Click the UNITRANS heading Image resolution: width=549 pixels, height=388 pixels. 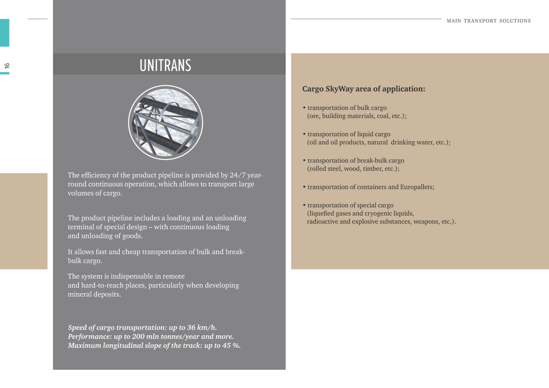tap(165, 65)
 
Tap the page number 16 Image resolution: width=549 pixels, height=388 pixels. tap(7, 66)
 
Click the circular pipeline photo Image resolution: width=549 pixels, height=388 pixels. tap(166, 123)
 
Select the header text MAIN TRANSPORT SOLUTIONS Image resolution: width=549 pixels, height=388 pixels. tap(489, 21)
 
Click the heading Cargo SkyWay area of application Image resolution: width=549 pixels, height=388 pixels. tap(364, 89)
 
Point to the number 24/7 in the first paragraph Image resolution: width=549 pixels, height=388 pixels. tap(237, 175)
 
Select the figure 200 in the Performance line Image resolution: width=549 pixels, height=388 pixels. tap(138, 337)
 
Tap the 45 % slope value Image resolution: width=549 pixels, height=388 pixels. tap(231, 346)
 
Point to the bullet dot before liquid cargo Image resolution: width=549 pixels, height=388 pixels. tap(304, 134)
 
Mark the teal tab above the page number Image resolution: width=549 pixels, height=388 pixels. tap(5, 33)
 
